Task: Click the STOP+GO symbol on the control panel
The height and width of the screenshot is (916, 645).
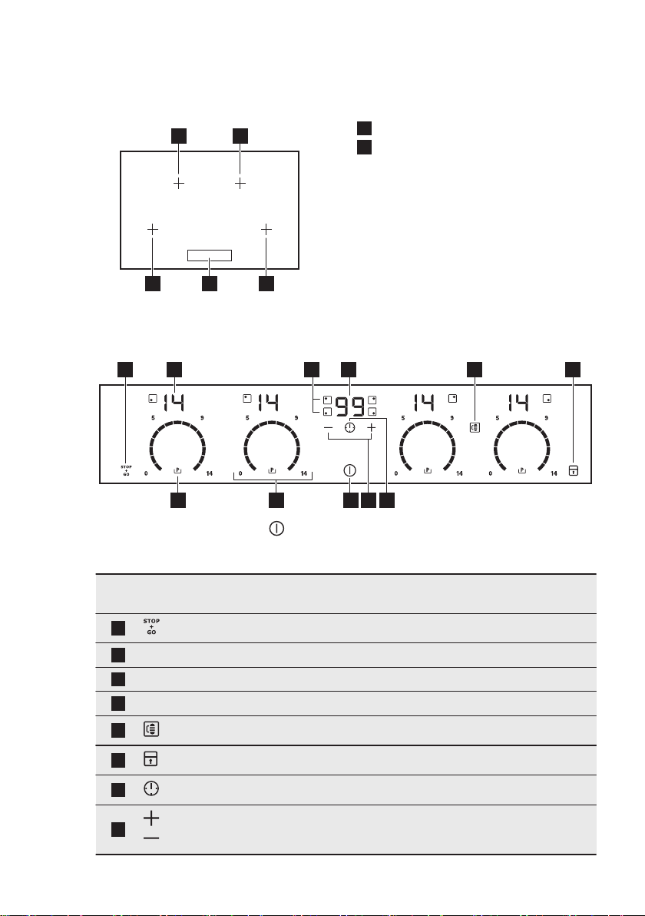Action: tap(125, 470)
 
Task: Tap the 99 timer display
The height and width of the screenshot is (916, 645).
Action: tap(349, 403)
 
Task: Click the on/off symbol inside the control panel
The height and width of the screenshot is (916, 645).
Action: tap(350, 470)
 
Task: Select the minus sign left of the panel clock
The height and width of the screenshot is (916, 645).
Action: tap(328, 427)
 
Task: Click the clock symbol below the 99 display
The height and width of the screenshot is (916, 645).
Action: tap(350, 427)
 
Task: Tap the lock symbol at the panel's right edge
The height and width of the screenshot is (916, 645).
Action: tap(573, 470)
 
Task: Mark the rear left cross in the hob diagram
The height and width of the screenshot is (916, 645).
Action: tap(179, 184)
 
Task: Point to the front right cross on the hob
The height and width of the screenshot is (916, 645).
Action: tap(266, 229)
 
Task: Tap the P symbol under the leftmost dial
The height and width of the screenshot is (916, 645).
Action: tap(177, 470)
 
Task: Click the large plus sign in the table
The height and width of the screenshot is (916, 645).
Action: tap(150, 819)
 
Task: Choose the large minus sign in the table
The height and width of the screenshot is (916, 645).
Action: tap(150, 838)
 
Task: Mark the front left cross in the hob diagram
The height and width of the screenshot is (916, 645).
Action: tap(152, 229)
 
